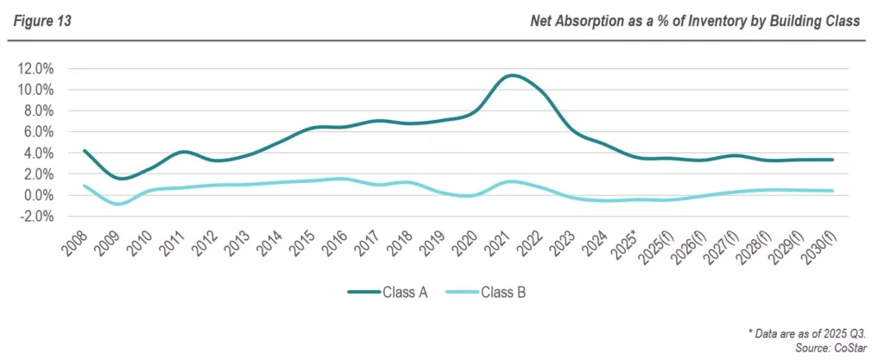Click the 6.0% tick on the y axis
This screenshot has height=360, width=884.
[x=37, y=132]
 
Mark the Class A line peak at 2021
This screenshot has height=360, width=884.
[x=513, y=75]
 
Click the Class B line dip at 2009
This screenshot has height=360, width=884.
[x=119, y=204]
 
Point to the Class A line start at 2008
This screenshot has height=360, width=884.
[x=84, y=150]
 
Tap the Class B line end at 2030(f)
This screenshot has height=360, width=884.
[x=833, y=191]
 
